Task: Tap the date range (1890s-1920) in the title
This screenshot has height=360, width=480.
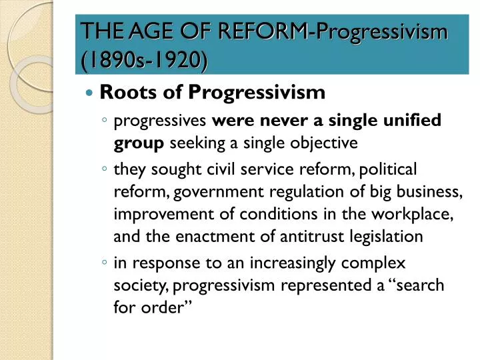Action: click(x=145, y=59)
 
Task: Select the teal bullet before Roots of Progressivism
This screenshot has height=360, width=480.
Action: click(x=89, y=92)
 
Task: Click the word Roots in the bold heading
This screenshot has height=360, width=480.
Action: click(x=128, y=92)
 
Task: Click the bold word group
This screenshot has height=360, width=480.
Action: click(x=139, y=143)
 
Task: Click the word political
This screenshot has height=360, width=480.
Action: click(x=387, y=170)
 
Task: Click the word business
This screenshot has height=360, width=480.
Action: click(x=429, y=192)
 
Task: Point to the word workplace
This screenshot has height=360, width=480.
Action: click(x=412, y=215)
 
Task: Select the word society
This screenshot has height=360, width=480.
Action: click(x=141, y=286)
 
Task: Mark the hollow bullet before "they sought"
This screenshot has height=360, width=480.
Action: click(x=105, y=168)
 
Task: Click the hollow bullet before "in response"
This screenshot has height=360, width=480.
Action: click(x=105, y=262)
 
